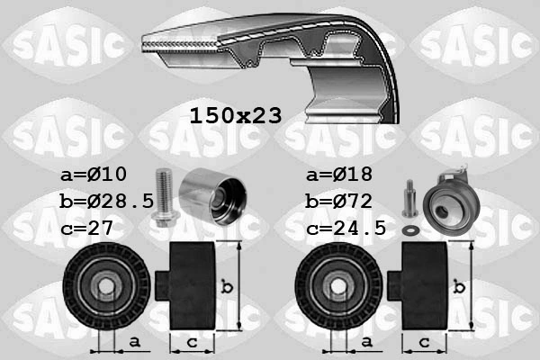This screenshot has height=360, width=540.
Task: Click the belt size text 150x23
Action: coord(236,115)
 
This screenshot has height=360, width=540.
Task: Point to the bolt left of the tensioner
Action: coord(409,199)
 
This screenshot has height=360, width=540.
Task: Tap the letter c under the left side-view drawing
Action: coord(192,343)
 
